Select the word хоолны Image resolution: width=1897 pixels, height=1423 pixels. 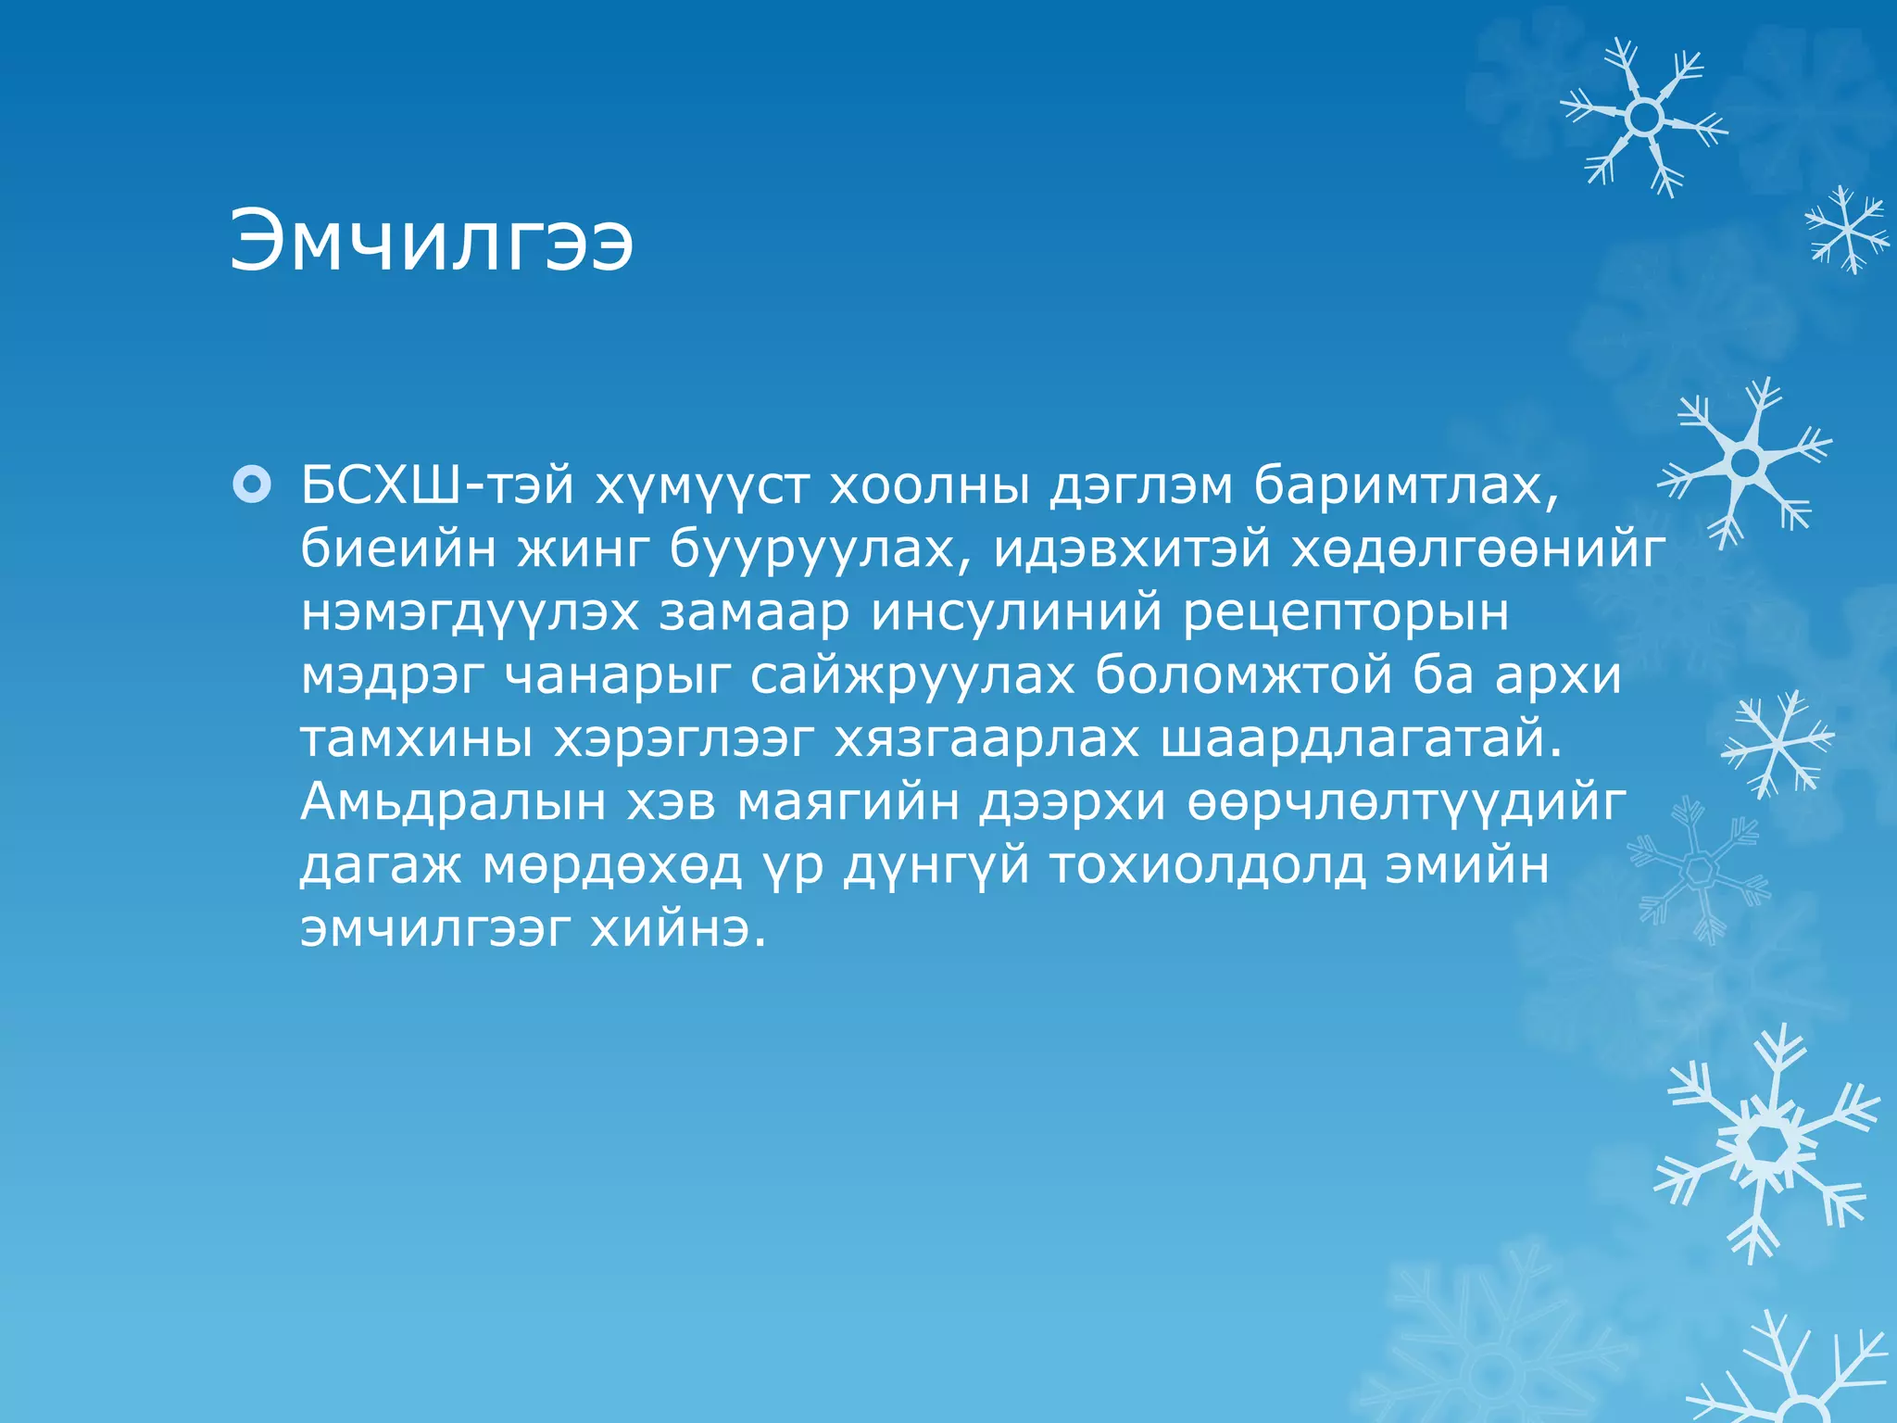tap(928, 485)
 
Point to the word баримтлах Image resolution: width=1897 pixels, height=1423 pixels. tap(1405, 485)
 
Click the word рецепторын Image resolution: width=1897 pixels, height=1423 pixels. tap(1346, 613)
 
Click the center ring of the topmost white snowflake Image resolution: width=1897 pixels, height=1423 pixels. tap(1644, 118)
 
